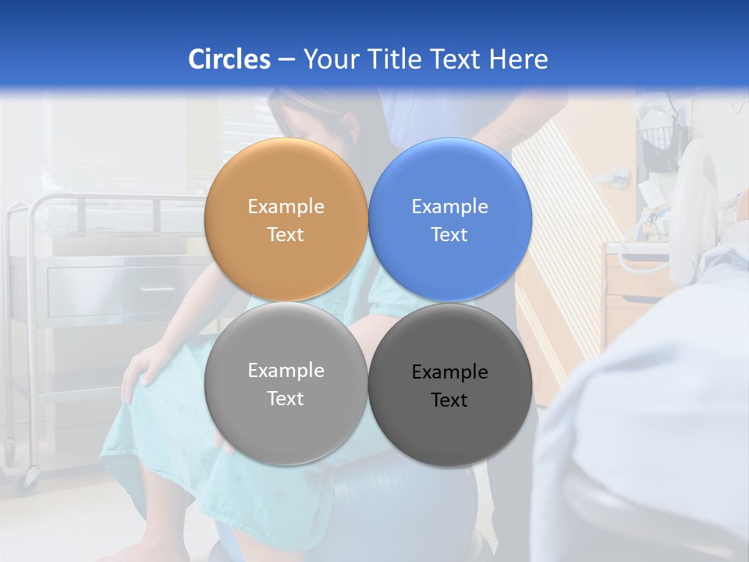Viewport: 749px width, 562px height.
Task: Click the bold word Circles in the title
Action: tap(229, 59)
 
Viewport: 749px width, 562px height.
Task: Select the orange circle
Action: tap(286, 219)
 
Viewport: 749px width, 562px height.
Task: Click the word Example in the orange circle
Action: tap(286, 206)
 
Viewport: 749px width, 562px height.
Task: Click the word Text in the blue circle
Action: tap(449, 234)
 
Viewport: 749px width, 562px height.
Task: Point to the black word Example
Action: tap(449, 372)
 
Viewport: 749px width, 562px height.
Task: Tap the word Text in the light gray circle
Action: tap(286, 398)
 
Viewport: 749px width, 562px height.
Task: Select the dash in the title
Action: tap(286, 59)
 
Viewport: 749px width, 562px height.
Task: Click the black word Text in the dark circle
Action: tap(449, 400)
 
